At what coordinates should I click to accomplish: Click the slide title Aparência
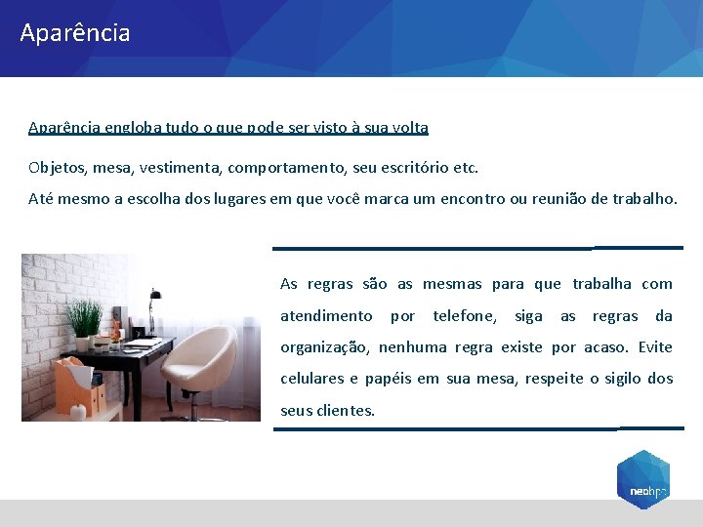(74, 33)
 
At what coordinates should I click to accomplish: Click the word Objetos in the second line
(57, 168)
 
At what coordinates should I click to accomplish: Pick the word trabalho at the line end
(643, 199)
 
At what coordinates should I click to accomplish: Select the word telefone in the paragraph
(464, 316)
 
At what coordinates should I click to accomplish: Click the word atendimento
(326, 316)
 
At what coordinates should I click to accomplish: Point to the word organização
(324, 347)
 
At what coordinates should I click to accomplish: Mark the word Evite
(655, 347)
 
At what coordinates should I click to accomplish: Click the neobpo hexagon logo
(642, 480)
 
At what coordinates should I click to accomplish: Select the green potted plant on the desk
(86, 321)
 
